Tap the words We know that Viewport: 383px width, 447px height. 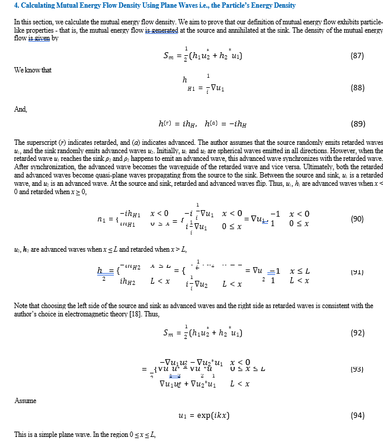(33, 70)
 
